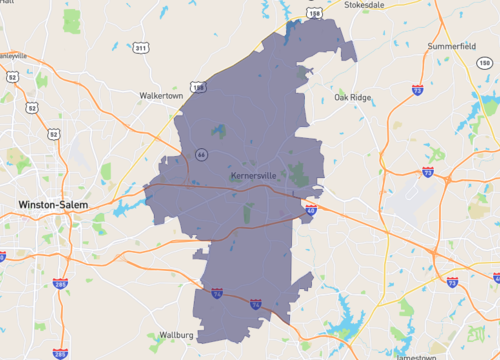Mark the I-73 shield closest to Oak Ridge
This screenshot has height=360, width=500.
416,90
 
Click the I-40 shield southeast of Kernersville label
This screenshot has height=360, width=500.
311,210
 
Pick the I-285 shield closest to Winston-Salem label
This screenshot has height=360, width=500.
62,284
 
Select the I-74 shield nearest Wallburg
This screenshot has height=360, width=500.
217,294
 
